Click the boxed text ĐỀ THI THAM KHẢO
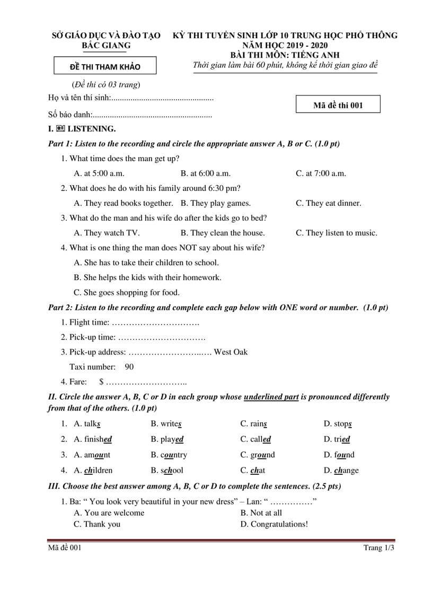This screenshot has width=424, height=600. pos(98,67)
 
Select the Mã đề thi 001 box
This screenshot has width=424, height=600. pos(338,105)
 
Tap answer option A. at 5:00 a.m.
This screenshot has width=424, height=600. pos(99,173)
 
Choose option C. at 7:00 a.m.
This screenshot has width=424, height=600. pos(321,173)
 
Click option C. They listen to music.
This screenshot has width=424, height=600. pos(337,233)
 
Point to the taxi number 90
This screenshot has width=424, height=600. pos(129,367)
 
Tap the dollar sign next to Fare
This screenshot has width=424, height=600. pos(101,381)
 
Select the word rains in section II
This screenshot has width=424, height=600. pos(253,424)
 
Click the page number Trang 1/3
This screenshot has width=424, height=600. pos(378,548)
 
